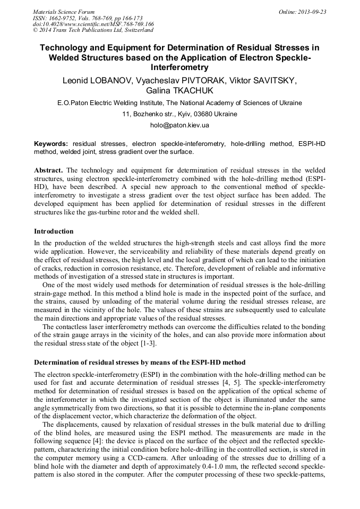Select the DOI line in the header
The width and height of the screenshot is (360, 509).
pos(93,24)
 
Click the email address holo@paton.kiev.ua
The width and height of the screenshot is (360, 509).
pos(179,125)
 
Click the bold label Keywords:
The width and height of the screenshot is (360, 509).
pos(51,144)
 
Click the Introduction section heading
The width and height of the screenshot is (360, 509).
pos(54,231)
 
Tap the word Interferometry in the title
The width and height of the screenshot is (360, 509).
pos(179,68)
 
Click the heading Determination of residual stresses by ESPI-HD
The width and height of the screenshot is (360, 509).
pos(140,363)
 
